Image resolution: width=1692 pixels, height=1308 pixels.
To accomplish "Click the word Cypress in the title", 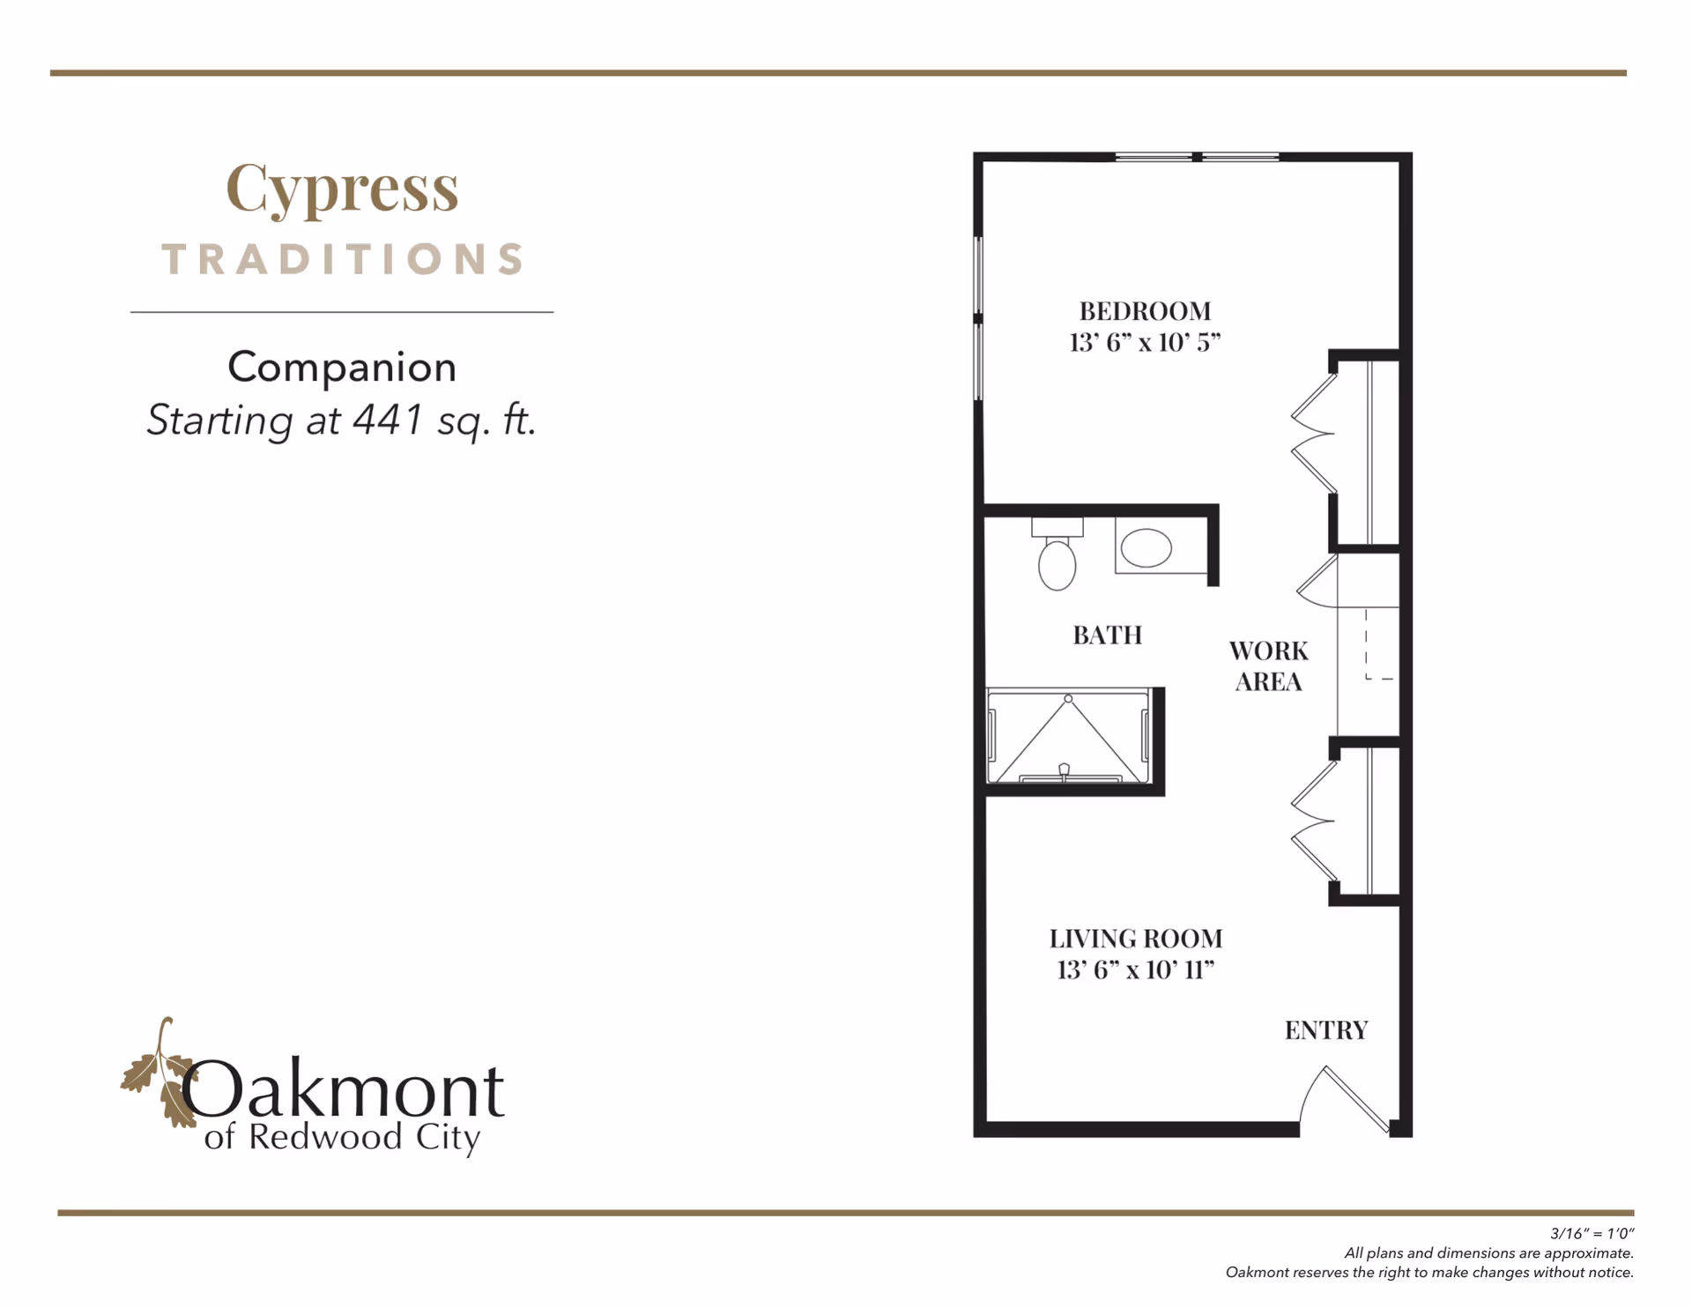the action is point(342,188).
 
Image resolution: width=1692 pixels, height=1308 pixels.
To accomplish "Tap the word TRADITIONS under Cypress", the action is point(343,259).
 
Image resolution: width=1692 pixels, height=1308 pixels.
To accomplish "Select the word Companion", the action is point(342,367).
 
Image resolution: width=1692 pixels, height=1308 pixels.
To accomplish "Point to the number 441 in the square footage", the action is point(389,420).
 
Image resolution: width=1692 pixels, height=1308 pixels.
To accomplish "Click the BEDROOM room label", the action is point(1145,311).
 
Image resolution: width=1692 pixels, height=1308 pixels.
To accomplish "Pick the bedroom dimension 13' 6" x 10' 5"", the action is point(1145,342).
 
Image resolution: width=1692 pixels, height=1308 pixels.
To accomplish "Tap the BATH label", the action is point(1108,635).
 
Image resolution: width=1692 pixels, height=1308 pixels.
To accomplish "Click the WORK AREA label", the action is point(1269,666).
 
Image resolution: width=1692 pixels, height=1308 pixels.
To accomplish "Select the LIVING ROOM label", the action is point(1136,939).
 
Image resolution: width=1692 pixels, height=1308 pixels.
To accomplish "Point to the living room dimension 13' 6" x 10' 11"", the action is point(1136,970).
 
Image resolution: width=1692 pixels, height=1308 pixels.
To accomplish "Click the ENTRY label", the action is point(1326,1030).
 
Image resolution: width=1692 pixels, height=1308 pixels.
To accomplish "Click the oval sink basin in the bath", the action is point(1146,548).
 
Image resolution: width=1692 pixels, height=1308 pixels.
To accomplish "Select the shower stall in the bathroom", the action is point(1068,736).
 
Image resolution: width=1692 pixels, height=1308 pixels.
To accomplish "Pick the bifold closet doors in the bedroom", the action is point(1314,434).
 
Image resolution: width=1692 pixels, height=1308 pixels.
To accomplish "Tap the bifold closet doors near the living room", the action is point(1314,821).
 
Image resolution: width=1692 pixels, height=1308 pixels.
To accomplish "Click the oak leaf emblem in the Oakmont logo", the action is point(159,1074).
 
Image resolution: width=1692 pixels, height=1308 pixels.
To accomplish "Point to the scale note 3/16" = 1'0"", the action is point(1592,1234).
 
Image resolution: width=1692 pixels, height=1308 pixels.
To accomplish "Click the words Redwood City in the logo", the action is point(365,1138).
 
